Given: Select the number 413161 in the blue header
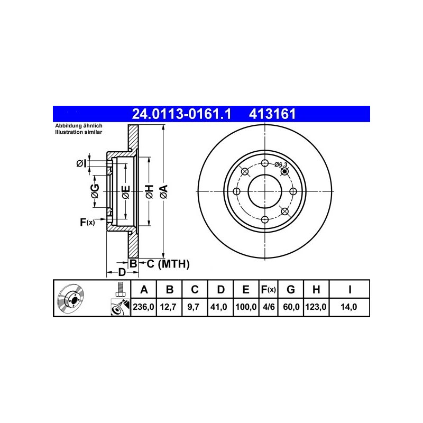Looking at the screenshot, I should tap(268, 113).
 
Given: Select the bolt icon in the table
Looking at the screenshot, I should tap(120, 290).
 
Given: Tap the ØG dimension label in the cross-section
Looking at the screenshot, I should tap(94, 192).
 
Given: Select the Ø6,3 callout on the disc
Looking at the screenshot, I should tap(281, 164).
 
